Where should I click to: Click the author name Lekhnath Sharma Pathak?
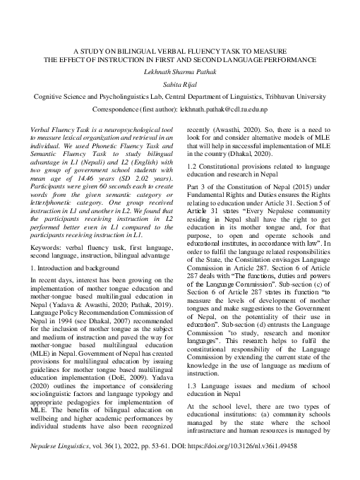179,73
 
